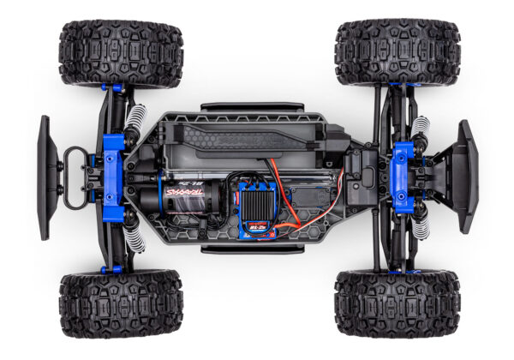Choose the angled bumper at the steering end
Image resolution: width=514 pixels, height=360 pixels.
[465, 175]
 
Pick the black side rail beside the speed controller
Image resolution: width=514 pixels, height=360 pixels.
[240, 249]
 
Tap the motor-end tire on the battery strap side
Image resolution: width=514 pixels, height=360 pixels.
[120, 52]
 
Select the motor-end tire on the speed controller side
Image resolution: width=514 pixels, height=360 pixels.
[120, 303]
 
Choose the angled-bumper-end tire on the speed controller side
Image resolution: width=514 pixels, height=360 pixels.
[397, 303]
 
